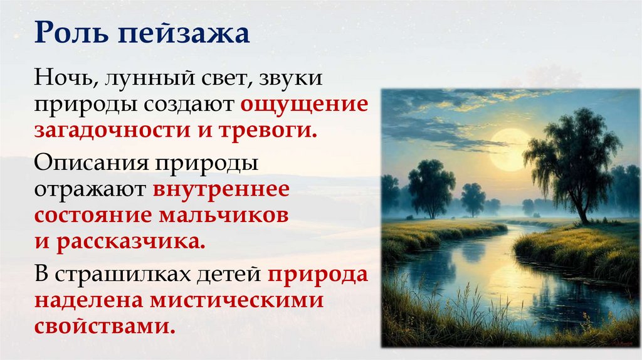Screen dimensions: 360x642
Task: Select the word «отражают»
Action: tap(88, 189)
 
